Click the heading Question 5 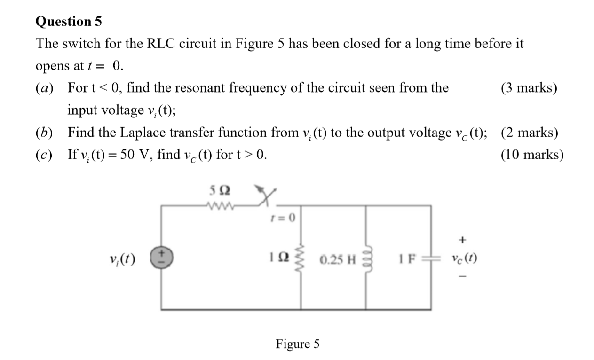(x=69, y=22)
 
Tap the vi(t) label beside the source (x=121, y=258)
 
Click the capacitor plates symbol (x=430, y=258)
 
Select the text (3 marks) (x=529, y=88)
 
